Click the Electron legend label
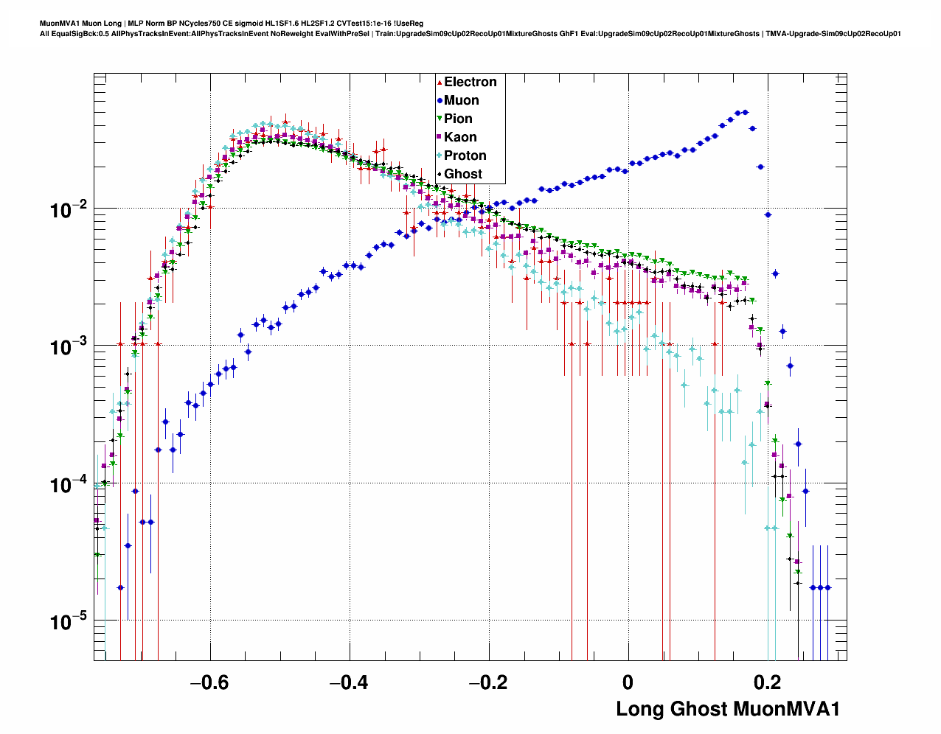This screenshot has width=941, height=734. pos(470,82)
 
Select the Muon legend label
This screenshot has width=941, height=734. pos(461,100)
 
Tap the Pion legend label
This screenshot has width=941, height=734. pos(458,119)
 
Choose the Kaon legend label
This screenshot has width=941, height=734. pos(460,137)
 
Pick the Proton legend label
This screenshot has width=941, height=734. pos(465,155)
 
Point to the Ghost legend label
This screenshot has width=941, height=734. pos(462,174)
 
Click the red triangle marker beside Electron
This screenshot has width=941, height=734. pos(440,83)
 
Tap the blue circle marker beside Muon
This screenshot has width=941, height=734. pos(440,101)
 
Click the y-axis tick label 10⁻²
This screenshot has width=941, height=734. pos(69,210)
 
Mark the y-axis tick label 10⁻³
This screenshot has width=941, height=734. pos(69,347)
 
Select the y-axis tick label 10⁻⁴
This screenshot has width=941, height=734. pos(69,485)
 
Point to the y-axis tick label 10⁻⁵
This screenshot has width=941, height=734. pos(69,622)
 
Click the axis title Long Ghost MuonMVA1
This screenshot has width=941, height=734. pos(728,710)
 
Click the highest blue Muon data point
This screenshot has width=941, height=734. pos(746,112)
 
